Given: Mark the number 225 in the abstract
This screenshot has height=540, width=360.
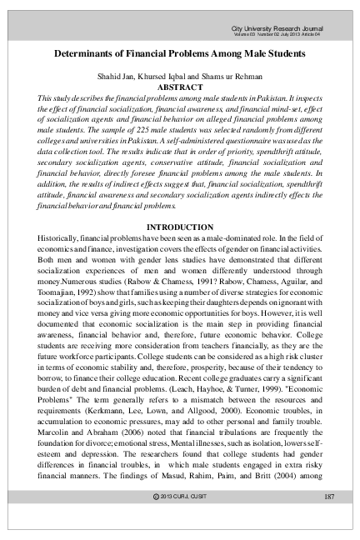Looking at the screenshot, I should pyautogui.click(x=154, y=131).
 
